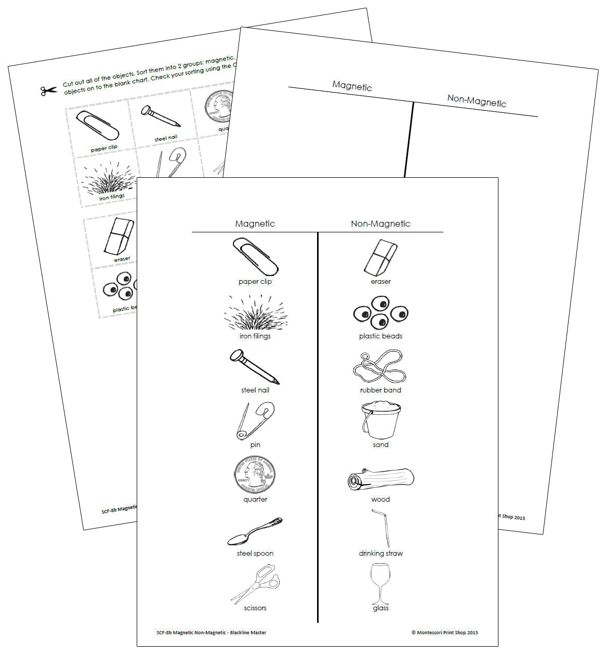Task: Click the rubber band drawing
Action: tap(379, 366)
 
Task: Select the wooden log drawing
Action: tap(380, 479)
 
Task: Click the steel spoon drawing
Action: tap(255, 531)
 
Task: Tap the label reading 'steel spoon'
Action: tap(255, 554)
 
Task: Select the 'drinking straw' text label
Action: tap(380, 554)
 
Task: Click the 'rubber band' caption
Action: tap(380, 390)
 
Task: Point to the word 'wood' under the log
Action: tap(380, 500)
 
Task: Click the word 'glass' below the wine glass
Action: tap(380, 608)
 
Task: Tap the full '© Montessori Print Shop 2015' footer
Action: tap(444, 633)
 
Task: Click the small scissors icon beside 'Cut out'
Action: tap(48, 91)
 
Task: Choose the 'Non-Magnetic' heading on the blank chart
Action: tap(477, 101)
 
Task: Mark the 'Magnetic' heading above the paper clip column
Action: tap(255, 224)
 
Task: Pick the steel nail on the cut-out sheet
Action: tap(161, 117)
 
